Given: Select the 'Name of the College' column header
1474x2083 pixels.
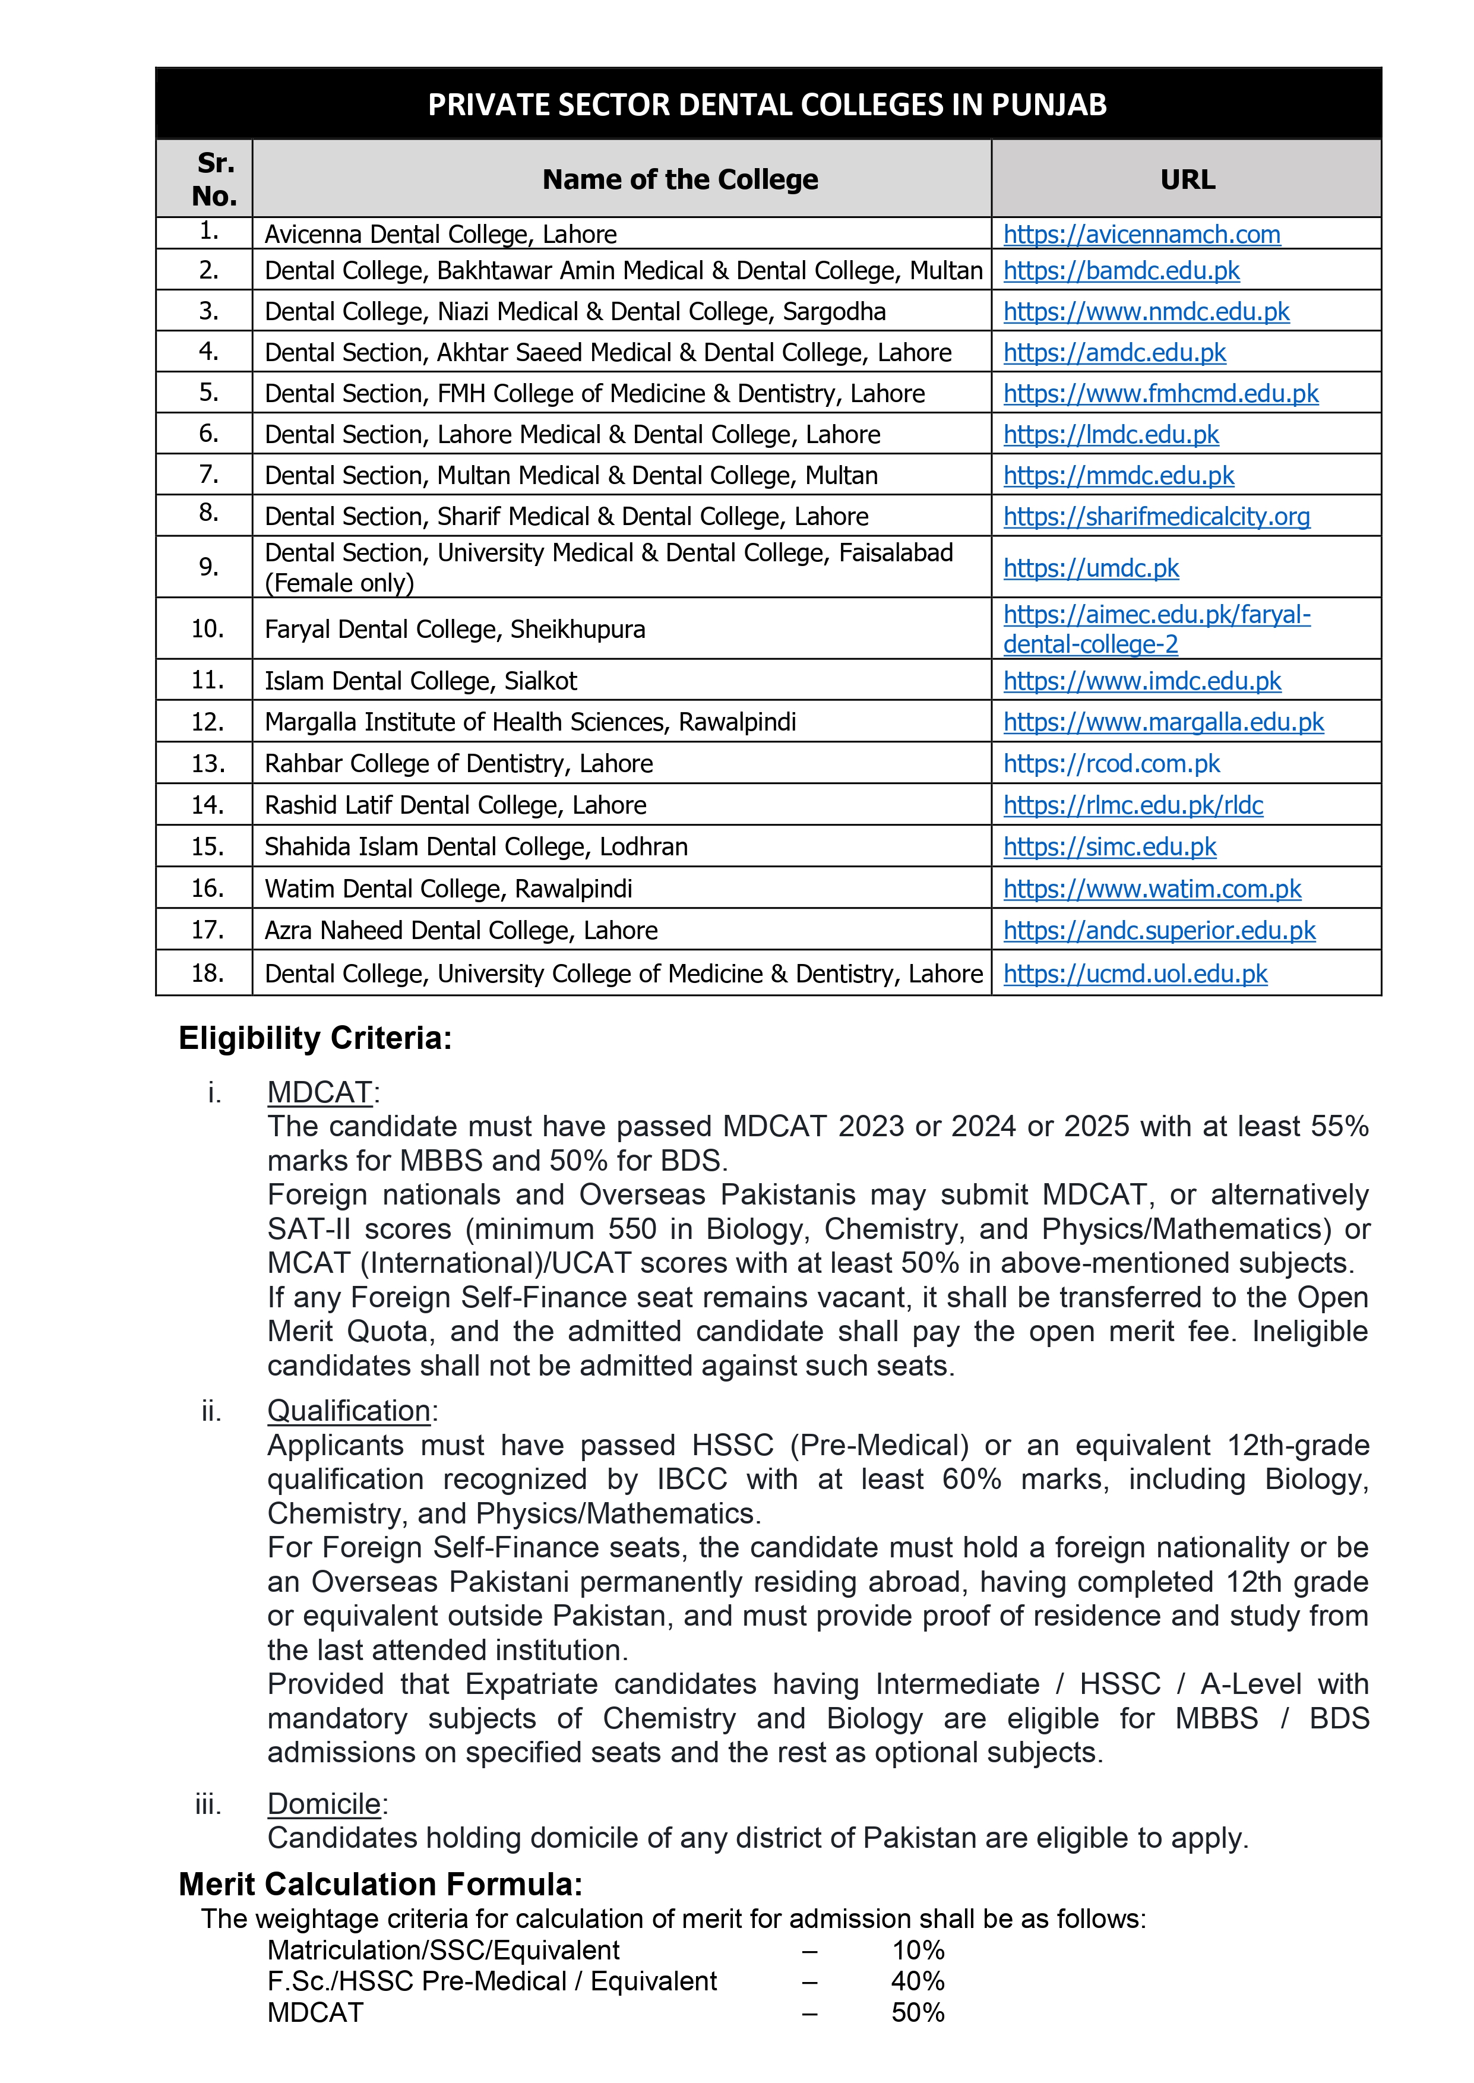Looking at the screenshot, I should [x=680, y=180].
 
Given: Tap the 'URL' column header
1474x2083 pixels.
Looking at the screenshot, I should [x=1187, y=180].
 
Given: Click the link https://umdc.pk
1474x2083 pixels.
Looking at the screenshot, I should [x=1090, y=568].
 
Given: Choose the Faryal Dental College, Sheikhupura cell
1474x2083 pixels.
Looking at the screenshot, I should [x=455, y=629].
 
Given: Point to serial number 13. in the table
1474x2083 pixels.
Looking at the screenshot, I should [x=208, y=763].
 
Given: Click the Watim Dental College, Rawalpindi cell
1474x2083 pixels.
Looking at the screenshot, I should [x=448, y=889].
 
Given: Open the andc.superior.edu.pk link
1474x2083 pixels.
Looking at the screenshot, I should [x=1159, y=930].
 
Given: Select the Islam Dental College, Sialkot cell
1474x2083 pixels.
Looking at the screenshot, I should [x=420, y=681].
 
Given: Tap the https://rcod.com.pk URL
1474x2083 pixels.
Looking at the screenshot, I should [x=1111, y=763].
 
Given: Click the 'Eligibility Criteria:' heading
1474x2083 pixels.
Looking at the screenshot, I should [x=315, y=1038].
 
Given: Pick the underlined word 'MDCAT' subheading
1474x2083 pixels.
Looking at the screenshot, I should [x=320, y=1092].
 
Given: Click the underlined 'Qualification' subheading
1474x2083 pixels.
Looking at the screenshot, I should [x=349, y=1411].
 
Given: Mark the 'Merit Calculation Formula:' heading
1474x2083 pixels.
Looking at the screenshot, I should [x=380, y=1884].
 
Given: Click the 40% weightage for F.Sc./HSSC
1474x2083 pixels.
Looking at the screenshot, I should [x=918, y=1981].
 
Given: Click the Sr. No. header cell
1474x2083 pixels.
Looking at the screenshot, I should [x=214, y=179].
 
